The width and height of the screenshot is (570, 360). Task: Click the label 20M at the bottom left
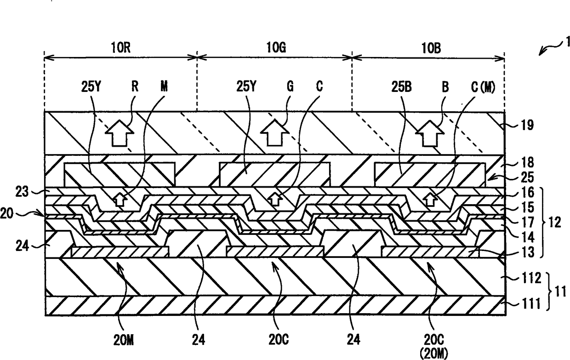pyautogui.click(x=125, y=341)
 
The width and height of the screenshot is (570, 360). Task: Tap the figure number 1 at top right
pyautogui.click(x=568, y=43)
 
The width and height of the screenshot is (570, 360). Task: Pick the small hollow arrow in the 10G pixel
pyautogui.click(x=275, y=199)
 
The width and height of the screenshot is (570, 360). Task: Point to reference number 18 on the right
pyautogui.click(x=527, y=162)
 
